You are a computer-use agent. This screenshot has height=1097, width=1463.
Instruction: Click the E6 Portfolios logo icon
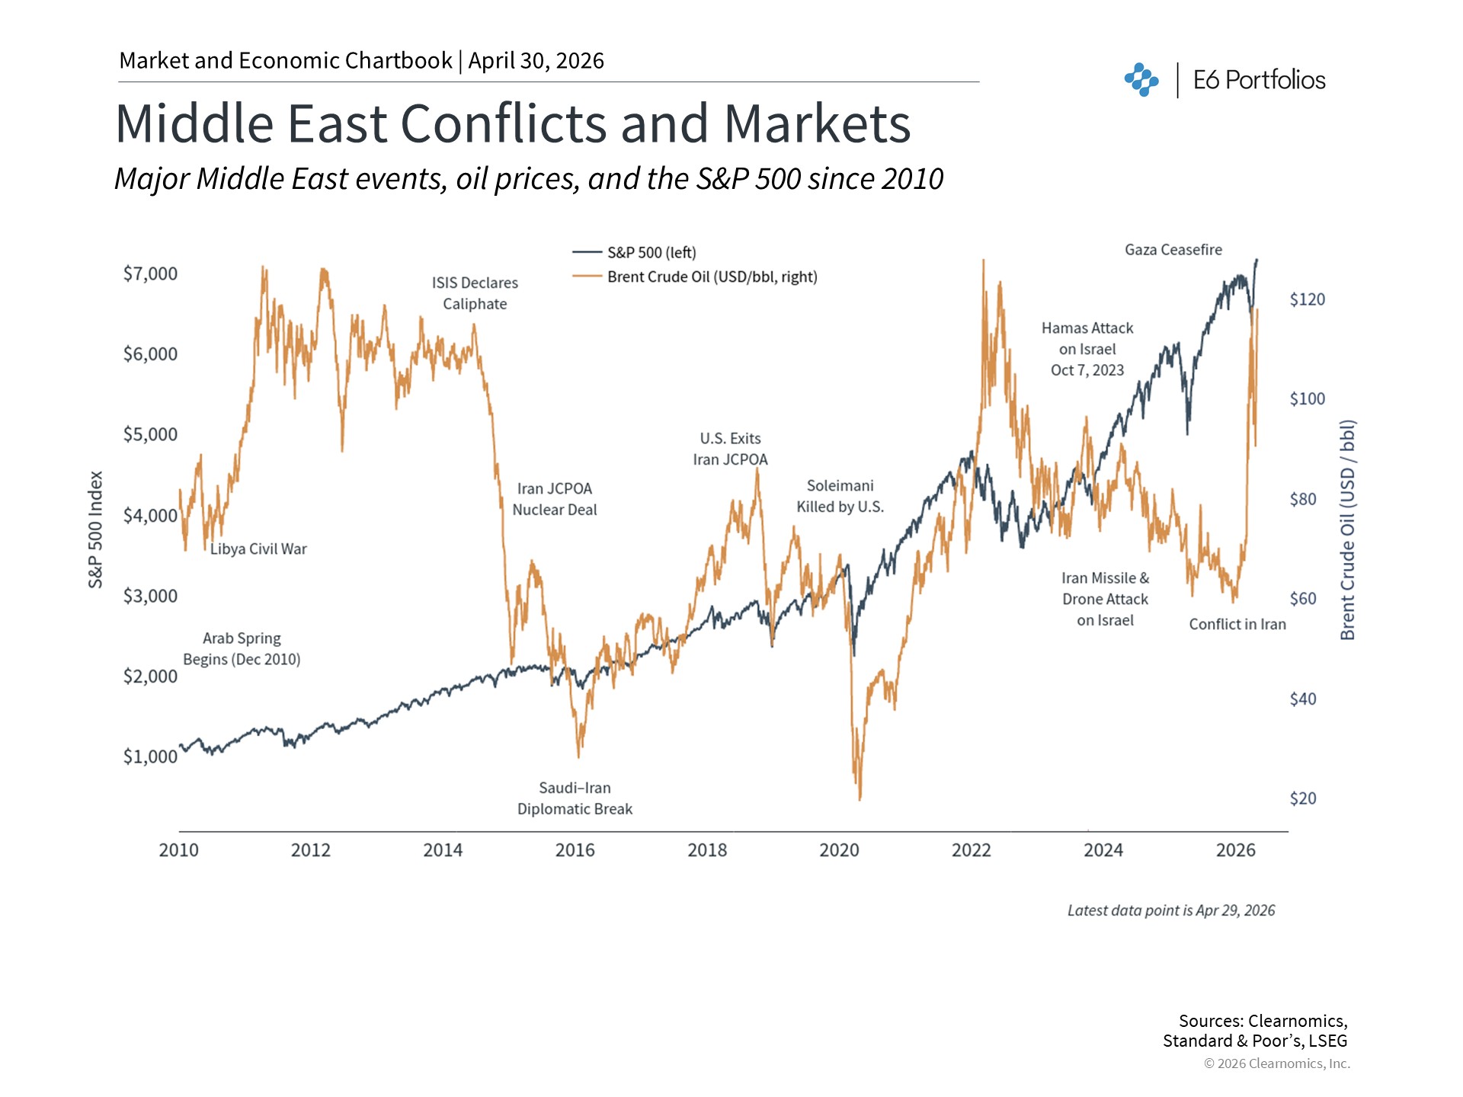coord(1141,80)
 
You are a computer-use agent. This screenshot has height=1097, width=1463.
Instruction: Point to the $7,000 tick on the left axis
coord(150,273)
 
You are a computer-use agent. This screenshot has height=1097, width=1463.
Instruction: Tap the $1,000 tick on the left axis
coord(150,756)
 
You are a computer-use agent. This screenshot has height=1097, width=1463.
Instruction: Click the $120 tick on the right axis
coord(1307,299)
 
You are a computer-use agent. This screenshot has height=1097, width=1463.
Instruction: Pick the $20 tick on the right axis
coord(1302,798)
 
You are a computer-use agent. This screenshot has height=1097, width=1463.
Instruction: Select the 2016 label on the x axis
coord(575,850)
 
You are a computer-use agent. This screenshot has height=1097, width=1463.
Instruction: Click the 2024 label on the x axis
coord(1103,850)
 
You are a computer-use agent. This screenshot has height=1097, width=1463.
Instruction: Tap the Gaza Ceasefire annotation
coord(1173,250)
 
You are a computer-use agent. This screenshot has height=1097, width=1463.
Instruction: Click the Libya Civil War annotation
coord(258,549)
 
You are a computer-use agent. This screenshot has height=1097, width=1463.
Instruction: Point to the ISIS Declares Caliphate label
coord(475,293)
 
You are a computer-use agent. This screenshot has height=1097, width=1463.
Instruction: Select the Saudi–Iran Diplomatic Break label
coord(575,798)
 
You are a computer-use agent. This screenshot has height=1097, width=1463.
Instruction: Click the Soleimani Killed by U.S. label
coord(840,496)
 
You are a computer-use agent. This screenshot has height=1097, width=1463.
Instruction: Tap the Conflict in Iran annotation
coord(1237,625)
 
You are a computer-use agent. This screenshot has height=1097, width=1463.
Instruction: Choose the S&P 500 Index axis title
coord(95,529)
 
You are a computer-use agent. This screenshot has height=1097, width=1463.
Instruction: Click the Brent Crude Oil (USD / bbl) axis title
coord(1347,529)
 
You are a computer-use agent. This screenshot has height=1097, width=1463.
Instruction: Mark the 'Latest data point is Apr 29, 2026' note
coord(1170,910)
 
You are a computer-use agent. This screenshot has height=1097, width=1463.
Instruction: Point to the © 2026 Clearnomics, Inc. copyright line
coord(1276,1063)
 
